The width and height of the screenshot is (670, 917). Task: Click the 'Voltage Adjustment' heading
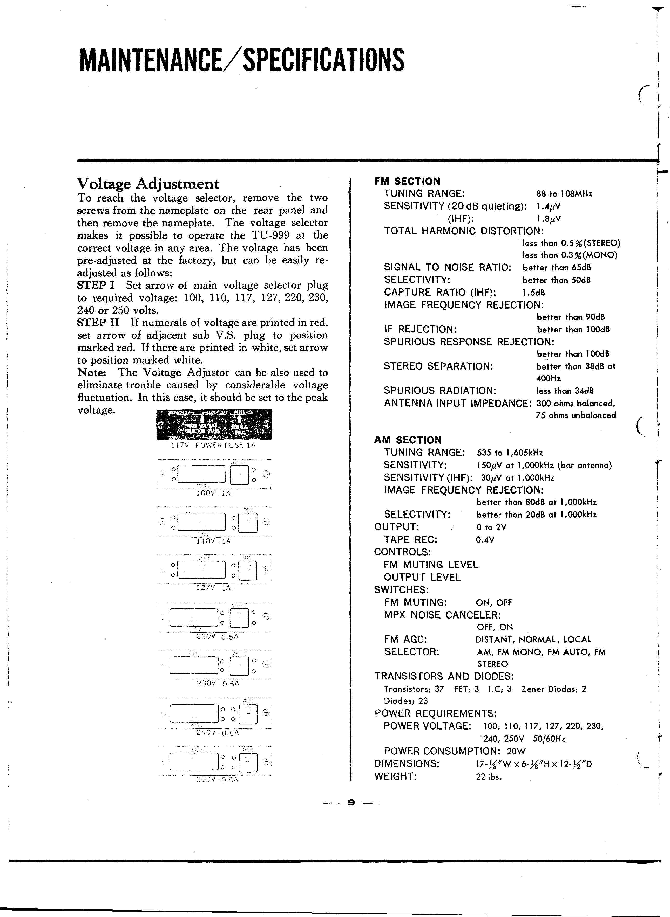point(148,184)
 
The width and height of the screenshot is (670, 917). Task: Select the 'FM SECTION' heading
point(407,181)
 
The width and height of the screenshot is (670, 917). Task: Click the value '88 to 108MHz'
point(564,194)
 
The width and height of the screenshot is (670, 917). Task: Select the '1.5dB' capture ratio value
point(534,292)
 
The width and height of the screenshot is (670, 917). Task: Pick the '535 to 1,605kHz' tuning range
point(510,453)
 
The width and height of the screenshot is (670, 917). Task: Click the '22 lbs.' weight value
point(489,776)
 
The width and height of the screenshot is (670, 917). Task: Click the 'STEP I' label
point(96,285)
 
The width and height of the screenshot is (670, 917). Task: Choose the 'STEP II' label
point(98,323)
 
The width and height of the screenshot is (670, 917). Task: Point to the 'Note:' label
point(92,372)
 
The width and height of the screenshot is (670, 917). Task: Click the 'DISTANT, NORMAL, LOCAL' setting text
point(533,640)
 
